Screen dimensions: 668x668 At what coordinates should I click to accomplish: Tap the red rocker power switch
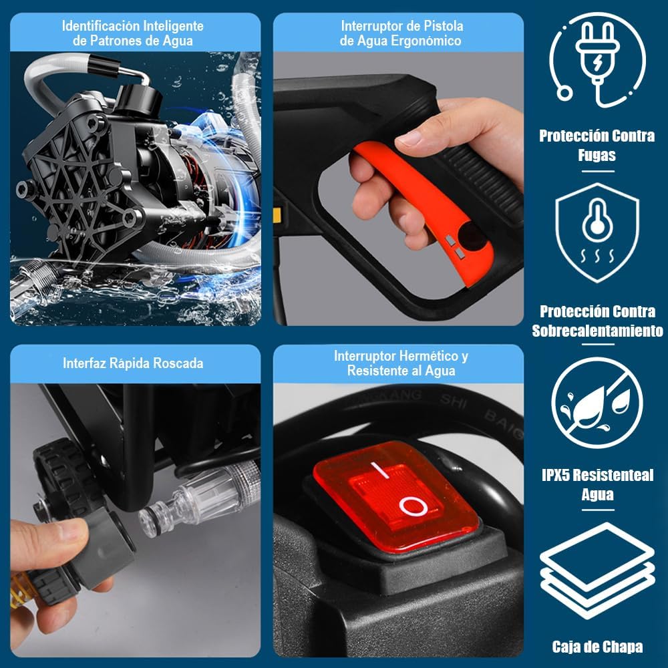pos(395,496)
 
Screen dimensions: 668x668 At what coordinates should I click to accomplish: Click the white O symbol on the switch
pos(413,506)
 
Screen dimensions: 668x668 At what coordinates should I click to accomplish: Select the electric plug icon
pos(597,59)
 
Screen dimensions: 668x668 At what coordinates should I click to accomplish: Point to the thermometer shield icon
pos(597,232)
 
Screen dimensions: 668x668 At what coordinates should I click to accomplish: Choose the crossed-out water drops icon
pos(597,403)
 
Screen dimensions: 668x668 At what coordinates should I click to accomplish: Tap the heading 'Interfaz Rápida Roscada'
pos(133,363)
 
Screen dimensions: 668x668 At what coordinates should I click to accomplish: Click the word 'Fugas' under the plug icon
pos(597,155)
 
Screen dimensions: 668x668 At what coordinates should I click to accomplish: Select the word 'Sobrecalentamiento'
pos(597,331)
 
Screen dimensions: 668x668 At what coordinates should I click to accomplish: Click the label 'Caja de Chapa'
pos(597,646)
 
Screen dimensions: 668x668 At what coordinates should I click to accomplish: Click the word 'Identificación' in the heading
pos(101,26)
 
